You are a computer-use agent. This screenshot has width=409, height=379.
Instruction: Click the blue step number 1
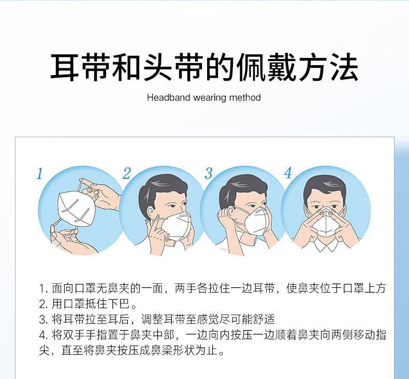pyautogui.click(x=40, y=174)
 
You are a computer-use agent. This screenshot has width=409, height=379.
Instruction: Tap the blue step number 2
pyautogui.click(x=127, y=173)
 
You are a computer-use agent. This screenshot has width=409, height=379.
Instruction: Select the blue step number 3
pyautogui.click(x=209, y=173)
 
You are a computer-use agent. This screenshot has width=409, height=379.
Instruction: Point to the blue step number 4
pyautogui.click(x=288, y=173)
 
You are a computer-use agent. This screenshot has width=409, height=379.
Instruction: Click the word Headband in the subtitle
pyautogui.click(x=168, y=97)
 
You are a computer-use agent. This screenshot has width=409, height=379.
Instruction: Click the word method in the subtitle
pyautogui.click(x=245, y=97)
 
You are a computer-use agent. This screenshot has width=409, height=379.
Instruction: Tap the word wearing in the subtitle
pyautogui.click(x=210, y=98)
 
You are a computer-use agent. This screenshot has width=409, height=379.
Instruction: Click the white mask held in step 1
pyautogui.click(x=76, y=209)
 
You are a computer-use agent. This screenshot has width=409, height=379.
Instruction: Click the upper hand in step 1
pyautogui.click(x=103, y=194)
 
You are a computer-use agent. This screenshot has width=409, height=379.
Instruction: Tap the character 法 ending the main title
pyautogui.click(x=344, y=67)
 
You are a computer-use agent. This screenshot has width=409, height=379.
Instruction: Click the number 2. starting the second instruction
pyautogui.click(x=43, y=304)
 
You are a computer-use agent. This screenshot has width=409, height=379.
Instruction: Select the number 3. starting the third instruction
pyautogui.click(x=43, y=319)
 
